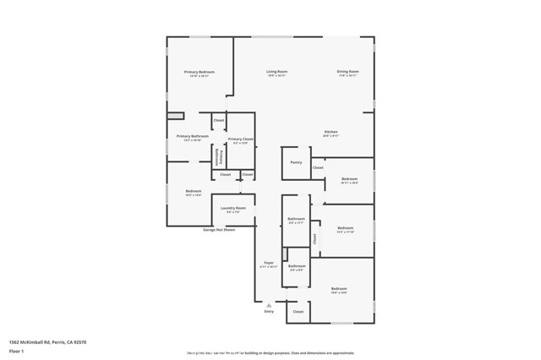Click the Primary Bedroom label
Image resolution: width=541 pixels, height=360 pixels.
199,73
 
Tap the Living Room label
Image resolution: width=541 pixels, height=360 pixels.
276,73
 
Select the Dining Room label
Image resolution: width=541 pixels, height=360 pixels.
348,73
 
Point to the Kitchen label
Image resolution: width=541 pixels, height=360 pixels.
331,133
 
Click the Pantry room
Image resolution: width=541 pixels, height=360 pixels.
295,162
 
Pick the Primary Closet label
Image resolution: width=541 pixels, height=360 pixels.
240,139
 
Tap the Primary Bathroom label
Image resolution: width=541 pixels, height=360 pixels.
192,137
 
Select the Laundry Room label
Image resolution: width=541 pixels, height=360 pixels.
233,209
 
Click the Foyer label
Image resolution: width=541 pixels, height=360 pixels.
269,263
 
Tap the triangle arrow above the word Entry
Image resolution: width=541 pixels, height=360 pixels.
269,304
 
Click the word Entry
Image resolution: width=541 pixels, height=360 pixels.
269,311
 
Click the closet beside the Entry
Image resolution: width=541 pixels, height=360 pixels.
298,311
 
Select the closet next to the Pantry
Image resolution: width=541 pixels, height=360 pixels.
318,167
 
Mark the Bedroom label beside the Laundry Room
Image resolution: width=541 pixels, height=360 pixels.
194,192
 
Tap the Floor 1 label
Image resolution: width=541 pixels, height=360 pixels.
16,350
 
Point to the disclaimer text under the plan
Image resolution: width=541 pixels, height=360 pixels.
270,352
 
